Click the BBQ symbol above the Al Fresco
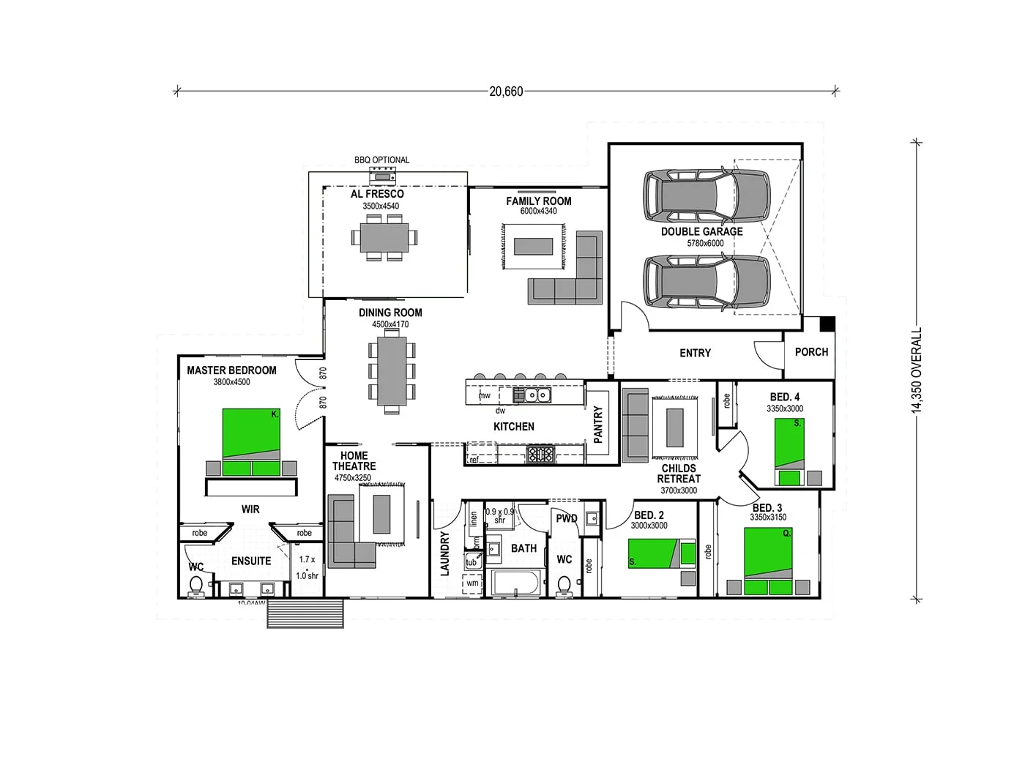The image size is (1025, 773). (x=382, y=174)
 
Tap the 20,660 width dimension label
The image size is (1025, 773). (x=506, y=92)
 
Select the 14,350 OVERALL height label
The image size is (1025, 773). (x=917, y=370)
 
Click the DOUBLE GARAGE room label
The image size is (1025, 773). (x=701, y=231)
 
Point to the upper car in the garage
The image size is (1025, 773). (x=707, y=195)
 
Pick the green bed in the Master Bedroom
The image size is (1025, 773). (x=251, y=442)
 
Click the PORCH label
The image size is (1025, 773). (x=811, y=352)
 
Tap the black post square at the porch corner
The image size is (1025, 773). (x=827, y=323)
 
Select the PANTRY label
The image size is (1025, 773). (x=597, y=425)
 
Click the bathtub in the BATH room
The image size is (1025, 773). (x=516, y=583)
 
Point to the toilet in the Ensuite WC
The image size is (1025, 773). (x=196, y=586)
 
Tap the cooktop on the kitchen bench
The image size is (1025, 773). (x=541, y=455)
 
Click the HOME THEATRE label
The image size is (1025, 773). (x=354, y=460)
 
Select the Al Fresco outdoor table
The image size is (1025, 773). (x=384, y=237)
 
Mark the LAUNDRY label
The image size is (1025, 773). (x=444, y=553)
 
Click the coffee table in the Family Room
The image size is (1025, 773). (x=533, y=246)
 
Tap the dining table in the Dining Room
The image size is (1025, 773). (x=392, y=370)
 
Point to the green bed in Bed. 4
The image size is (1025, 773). (x=789, y=452)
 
